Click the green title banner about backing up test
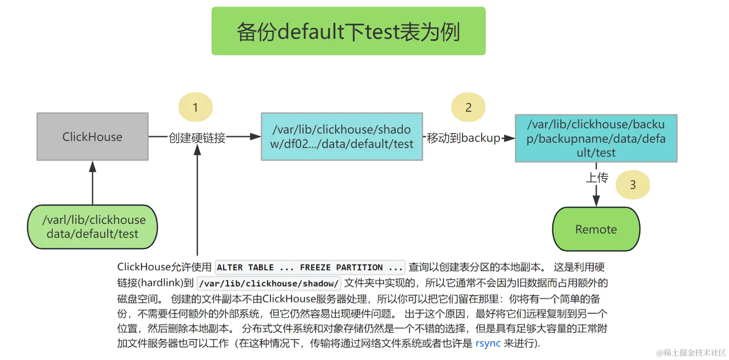tap(348, 31)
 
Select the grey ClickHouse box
tap(93, 137)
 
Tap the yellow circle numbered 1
tap(196, 107)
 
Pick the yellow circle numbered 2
tap(468, 107)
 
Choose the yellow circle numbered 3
tap(633, 185)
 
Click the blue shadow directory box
tap(342, 137)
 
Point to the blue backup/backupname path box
tap(596, 138)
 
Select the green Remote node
tap(596, 229)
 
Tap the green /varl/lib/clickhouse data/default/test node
tap(93, 227)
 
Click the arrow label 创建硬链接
tap(197, 138)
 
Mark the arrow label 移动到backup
tap(464, 138)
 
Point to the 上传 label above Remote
tap(597, 178)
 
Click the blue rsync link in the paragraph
tap(488, 343)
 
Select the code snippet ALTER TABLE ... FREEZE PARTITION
tap(309, 267)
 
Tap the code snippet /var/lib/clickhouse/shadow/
tap(268, 284)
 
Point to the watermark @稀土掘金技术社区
tap(691, 353)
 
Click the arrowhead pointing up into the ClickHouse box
tap(93, 166)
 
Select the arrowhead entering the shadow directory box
tap(255, 137)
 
